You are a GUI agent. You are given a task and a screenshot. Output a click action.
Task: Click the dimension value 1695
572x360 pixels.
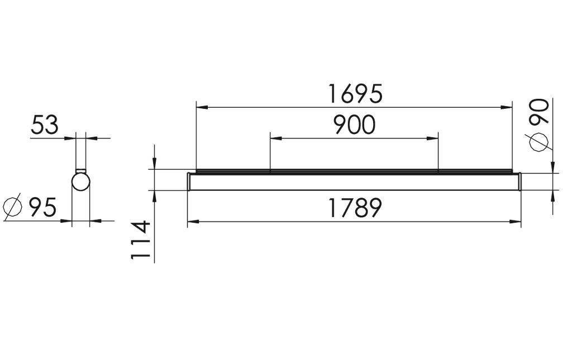355,94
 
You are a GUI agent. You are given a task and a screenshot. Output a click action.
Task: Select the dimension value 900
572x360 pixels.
354,125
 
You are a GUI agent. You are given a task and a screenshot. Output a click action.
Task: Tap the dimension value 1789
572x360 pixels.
355,209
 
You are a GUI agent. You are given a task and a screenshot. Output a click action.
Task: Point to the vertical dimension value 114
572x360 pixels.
141,240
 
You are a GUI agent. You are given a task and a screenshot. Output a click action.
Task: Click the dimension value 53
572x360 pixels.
44,125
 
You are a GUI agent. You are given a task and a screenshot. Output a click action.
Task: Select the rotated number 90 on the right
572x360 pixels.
539,111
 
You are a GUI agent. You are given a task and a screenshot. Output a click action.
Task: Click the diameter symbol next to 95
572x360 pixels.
12,207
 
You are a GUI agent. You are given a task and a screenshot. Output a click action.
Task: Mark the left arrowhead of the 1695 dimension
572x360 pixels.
200,106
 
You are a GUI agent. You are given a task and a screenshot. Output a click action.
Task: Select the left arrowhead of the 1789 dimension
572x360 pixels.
192,223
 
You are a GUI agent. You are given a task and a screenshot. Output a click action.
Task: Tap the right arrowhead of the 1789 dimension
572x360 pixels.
517,223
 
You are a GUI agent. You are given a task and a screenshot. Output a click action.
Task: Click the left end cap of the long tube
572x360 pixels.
189,181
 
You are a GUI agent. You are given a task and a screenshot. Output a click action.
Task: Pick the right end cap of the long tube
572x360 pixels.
519,181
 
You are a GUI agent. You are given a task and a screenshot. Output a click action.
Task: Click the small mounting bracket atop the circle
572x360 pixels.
81,170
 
